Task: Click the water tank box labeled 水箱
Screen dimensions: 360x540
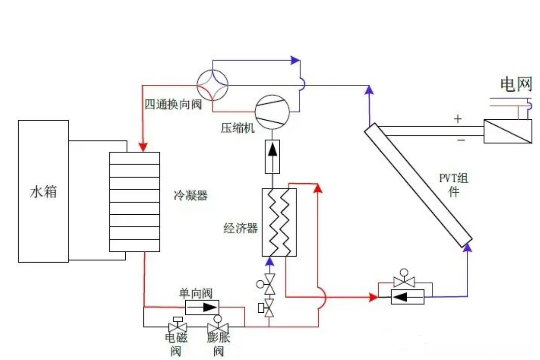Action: pos(43,191)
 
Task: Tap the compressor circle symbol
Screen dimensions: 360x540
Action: pos(272,112)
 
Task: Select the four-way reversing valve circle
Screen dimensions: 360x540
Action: pos(213,85)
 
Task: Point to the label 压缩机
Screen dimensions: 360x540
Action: pos(237,128)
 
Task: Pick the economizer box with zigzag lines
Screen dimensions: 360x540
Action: pos(279,222)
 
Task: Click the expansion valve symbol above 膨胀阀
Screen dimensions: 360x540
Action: pos(217,327)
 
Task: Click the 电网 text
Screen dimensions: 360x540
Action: pos(516,84)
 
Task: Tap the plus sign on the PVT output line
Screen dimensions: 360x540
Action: pos(457,119)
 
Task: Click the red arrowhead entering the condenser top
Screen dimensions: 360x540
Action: pos(144,147)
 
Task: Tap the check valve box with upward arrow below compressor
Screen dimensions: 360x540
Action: pos(272,156)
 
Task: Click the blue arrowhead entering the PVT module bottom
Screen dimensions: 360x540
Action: pos(468,246)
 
